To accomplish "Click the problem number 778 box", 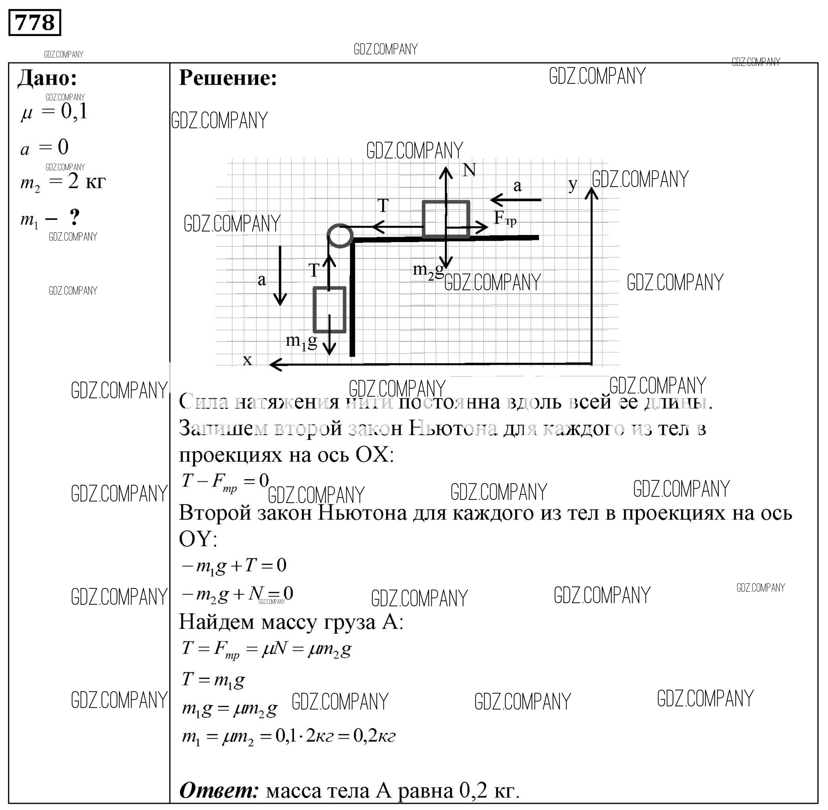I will pyautogui.click(x=35, y=23).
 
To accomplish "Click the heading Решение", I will pyautogui.click(x=228, y=78).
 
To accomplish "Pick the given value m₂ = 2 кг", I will pyautogui.click(x=63, y=183).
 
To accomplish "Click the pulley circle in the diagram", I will pyautogui.click(x=340, y=235).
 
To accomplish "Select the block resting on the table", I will pyautogui.click(x=446, y=219).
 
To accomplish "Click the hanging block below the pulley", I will pyautogui.click(x=329, y=309).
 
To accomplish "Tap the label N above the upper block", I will pyautogui.click(x=469, y=170).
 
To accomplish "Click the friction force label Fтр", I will pyautogui.click(x=505, y=219).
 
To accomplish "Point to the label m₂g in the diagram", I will pyautogui.click(x=428, y=270).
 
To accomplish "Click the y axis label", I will pyautogui.click(x=573, y=185).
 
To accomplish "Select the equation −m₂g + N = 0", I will pyautogui.click(x=237, y=594).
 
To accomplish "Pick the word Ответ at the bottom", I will pyautogui.click(x=219, y=791).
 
